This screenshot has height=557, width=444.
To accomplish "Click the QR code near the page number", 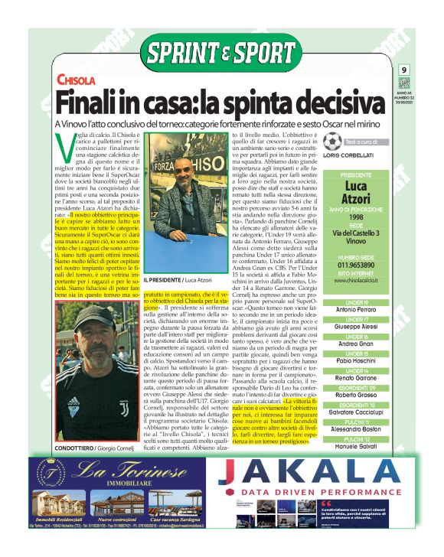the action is pos(404,83).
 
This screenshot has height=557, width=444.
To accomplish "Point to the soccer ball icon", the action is pos(331,142).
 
